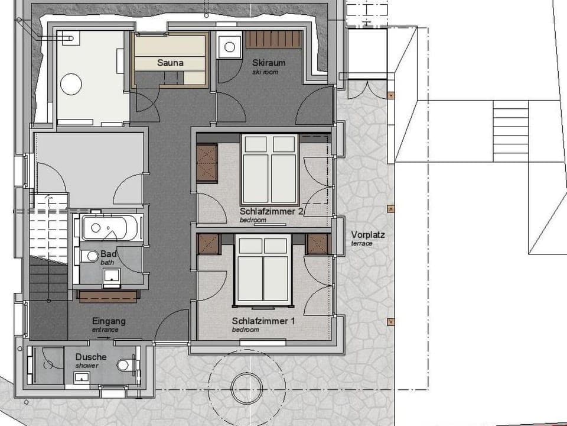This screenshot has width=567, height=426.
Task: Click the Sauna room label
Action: (x=170, y=63)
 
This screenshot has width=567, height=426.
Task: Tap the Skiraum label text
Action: (x=265, y=63)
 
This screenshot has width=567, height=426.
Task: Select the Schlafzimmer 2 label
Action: (x=272, y=211)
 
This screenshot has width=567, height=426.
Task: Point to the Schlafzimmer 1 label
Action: (x=263, y=321)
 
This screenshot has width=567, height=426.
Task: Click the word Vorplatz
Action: (x=368, y=234)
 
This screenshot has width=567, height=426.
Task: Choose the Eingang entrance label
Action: (x=109, y=321)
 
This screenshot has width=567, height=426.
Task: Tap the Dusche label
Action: (x=91, y=357)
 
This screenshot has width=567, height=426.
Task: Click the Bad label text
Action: (x=108, y=253)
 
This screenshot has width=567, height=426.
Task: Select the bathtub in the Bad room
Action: (x=111, y=228)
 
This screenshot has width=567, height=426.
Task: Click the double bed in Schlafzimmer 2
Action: (x=269, y=169)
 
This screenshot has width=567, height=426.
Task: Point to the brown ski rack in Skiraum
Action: (x=274, y=40)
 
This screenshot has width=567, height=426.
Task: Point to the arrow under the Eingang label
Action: (x=104, y=337)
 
